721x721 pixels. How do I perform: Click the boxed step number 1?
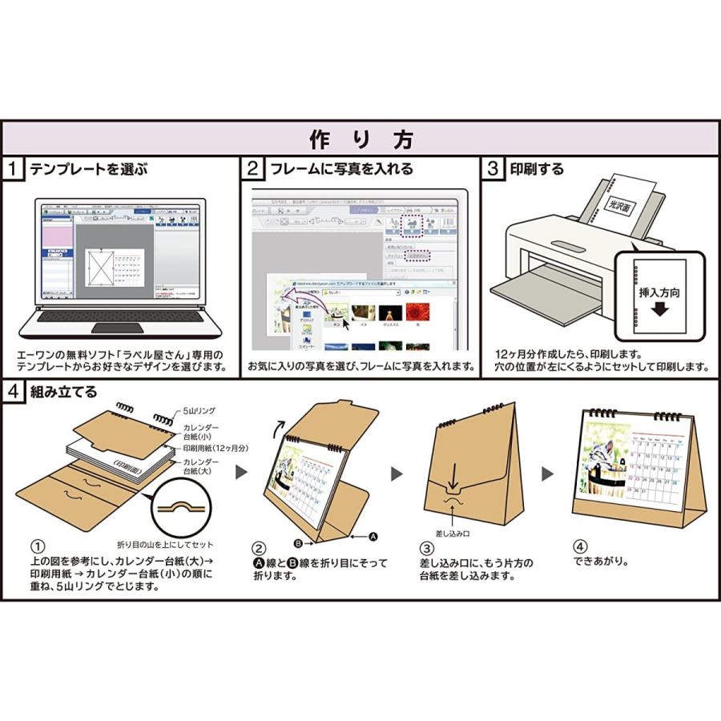pos(14,169)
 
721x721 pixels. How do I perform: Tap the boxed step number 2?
pos(253,169)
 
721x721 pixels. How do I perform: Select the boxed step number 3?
pos(494,169)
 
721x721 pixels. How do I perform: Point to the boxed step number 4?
pos(14,392)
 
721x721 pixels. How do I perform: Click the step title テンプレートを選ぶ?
pos(87,169)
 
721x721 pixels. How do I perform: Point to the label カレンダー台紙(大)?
pos(205,468)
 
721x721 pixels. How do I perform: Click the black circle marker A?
pos(373,534)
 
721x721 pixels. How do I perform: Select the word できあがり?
pos(598,562)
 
